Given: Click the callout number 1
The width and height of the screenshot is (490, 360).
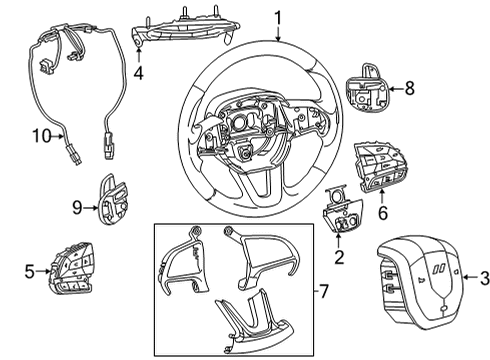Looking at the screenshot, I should tap(278, 17).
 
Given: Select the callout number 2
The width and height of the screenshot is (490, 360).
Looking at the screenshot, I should tap(338, 258).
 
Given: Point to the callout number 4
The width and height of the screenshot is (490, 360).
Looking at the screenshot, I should tap(140, 73).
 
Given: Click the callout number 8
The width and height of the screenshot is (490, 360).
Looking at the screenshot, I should tap(408, 89).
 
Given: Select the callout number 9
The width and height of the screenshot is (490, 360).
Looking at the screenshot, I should tap(76, 206).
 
